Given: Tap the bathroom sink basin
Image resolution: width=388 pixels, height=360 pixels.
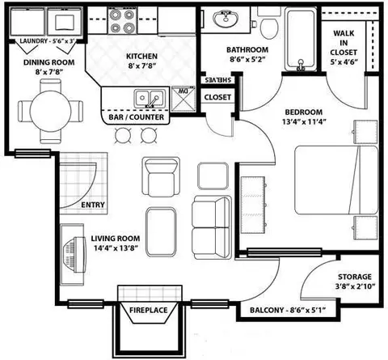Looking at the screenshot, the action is [226, 19].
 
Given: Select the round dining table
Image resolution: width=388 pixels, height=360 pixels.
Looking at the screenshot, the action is [50, 111].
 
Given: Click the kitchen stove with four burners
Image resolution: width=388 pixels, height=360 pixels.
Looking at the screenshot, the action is [123, 20].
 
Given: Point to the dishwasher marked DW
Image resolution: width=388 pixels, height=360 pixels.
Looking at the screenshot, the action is [183, 99].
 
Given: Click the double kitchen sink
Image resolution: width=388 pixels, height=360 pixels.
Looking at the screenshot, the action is [150, 99].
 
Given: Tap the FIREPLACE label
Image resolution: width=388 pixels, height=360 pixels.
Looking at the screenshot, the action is [149, 310].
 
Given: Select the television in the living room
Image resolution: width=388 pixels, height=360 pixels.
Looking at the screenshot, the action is [74, 255].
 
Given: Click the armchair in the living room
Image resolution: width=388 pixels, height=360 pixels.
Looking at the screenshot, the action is [161, 177].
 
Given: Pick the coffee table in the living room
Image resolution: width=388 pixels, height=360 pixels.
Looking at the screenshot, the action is [161, 232].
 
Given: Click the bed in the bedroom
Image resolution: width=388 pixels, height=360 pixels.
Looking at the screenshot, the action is [336, 180].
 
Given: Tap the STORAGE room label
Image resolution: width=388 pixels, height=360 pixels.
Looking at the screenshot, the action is [355, 277].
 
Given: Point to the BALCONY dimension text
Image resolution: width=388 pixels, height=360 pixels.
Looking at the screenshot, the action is [288, 310].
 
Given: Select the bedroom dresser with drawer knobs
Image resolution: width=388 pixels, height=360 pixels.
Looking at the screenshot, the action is [254, 205].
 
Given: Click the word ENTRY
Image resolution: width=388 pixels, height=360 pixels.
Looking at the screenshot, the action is [93, 205].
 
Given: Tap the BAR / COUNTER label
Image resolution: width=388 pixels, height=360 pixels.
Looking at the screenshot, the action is [136, 117].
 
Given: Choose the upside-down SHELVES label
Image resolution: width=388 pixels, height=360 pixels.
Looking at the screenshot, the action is [217, 80].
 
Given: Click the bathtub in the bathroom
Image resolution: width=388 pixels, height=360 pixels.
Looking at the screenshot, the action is [301, 40].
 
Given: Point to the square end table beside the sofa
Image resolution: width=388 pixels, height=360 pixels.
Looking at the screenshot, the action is [213, 176].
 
